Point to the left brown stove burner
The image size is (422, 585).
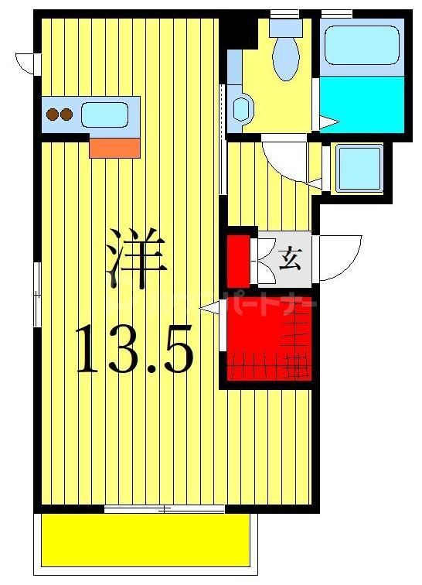(x=53, y=115)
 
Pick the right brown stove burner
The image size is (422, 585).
(x=66, y=115)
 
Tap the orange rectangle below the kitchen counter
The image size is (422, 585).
(x=114, y=146)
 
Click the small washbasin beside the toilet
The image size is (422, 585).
(x=241, y=108)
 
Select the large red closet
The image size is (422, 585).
(x=267, y=338)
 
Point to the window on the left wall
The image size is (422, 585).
(x=37, y=293)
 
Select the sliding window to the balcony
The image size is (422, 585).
(x=164, y=508)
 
